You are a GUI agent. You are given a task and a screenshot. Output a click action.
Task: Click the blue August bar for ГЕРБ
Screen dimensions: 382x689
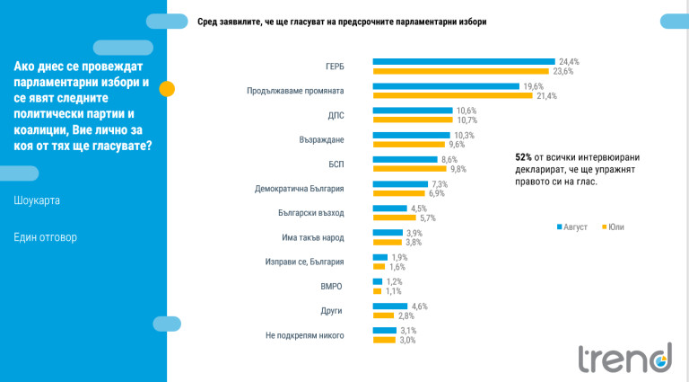(x=463, y=62)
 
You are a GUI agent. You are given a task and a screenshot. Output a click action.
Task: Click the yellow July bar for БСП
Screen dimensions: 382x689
(x=410, y=168)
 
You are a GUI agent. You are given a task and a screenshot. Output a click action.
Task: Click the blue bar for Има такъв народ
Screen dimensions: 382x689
(x=386, y=233)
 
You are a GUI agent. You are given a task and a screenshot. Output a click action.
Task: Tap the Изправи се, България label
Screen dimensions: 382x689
(x=305, y=262)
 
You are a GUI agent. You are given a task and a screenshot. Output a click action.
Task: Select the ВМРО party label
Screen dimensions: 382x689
(x=331, y=286)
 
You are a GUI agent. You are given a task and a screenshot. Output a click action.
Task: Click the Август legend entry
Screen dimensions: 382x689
(x=571, y=227)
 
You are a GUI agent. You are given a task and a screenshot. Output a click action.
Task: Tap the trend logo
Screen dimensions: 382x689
(x=624, y=357)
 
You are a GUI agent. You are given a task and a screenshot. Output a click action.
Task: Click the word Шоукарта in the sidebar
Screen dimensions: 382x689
(x=38, y=200)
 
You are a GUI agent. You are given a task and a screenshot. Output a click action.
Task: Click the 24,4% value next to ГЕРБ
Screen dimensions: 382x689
(x=569, y=62)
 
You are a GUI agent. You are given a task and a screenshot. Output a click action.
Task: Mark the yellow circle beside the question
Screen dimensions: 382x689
(x=167, y=87)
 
